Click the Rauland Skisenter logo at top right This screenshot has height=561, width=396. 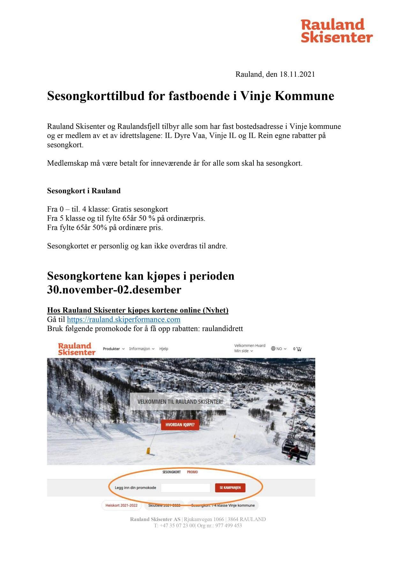coord(336,31)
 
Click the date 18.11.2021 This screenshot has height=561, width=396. coord(297,74)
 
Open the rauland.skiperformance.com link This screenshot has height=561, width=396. coord(123,319)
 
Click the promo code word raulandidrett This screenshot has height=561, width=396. coord(222,329)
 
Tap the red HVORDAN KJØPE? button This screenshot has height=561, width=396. coord(180,425)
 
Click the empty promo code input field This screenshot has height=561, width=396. coord(185,488)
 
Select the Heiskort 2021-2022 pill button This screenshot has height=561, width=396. coord(121,505)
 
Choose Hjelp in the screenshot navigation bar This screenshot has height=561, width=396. coord(164,349)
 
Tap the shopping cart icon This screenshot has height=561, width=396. coord(299,349)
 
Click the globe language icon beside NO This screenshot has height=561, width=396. coord(273,348)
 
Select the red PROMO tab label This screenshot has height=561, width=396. coord(192,472)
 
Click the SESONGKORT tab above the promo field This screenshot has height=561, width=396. coord(171,472)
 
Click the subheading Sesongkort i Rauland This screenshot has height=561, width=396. coord(84,191)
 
